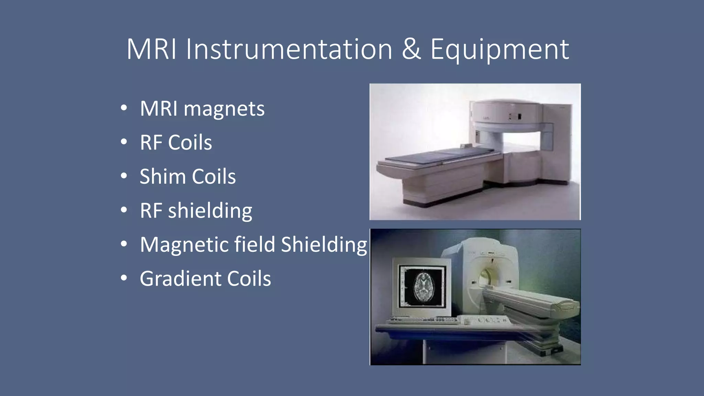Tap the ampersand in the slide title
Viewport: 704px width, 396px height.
[x=411, y=49]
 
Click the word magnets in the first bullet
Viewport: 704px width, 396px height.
[x=224, y=109]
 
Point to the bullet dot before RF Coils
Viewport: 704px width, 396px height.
[x=124, y=142]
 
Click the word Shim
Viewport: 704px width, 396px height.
[x=163, y=177]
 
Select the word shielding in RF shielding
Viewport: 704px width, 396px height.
[x=210, y=211]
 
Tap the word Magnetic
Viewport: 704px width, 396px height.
[x=184, y=245]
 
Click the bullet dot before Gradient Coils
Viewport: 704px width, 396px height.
[x=124, y=278]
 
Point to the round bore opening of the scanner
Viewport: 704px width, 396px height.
[x=485, y=277]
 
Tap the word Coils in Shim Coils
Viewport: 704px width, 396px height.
[x=214, y=177]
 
